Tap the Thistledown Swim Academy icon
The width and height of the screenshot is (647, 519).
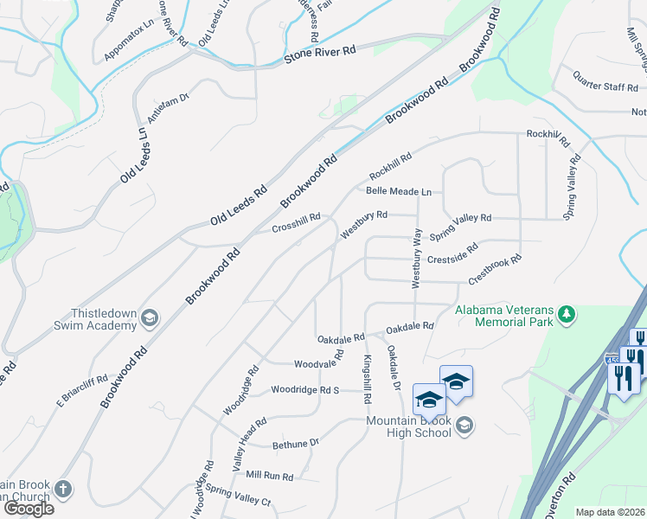click(x=151, y=317)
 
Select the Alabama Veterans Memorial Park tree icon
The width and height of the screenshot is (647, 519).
click(x=567, y=313)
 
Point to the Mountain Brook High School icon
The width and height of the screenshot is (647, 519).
click(x=464, y=424)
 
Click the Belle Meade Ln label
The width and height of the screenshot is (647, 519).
click(x=398, y=191)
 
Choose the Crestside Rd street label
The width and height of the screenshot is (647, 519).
click(x=453, y=256)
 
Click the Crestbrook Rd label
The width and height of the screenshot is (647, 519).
click(x=496, y=270)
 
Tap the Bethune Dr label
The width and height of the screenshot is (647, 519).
click(x=296, y=443)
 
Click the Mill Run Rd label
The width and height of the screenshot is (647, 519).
click(x=270, y=476)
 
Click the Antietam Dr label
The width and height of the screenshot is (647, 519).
click(x=168, y=108)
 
